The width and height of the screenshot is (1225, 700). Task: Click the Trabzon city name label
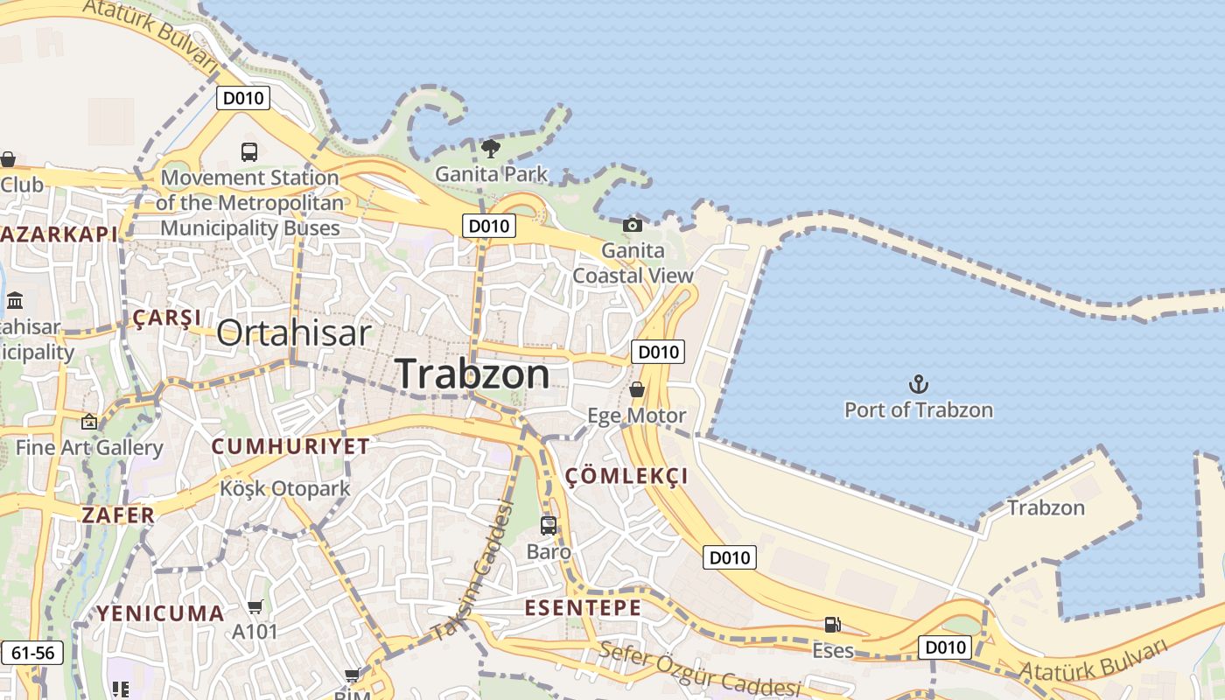[473, 374]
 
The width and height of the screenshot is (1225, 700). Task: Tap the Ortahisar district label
[294, 333]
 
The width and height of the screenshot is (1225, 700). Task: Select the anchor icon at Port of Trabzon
[918, 384]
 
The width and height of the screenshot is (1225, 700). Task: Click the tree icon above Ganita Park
[491, 148]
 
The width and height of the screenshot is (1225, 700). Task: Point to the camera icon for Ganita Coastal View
[633, 225]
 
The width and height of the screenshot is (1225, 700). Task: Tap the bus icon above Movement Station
[249, 151]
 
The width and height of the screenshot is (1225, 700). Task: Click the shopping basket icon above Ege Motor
[637, 389]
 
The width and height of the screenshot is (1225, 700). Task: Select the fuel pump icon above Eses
[832, 625]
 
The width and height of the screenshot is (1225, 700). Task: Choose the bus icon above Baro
[549, 526]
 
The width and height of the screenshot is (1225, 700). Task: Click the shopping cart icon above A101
[255, 606]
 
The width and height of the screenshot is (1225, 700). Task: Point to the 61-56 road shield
[33, 653]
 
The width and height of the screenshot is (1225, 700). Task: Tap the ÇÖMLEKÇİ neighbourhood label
[626, 476]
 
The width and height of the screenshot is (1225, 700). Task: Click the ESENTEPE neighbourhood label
[583, 607]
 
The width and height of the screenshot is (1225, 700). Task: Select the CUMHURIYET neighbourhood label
[290, 446]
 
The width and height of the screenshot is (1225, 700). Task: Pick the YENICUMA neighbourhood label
[160, 612]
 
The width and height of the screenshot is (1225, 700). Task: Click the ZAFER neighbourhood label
[118, 514]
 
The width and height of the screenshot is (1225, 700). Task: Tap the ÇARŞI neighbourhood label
[166, 318]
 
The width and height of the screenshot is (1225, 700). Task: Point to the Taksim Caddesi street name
[472, 569]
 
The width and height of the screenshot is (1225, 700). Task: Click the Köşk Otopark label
[285, 488]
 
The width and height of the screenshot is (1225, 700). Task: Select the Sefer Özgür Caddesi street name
[700, 670]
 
